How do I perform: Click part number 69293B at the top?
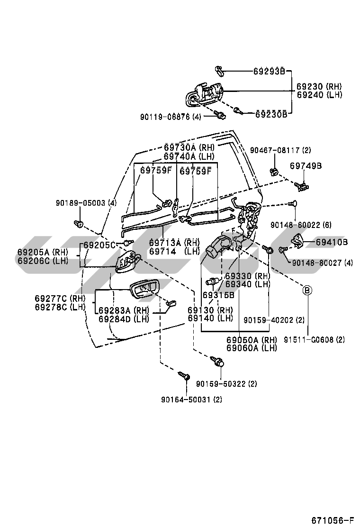[x=269, y=72]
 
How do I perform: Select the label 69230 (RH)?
[x=319, y=87]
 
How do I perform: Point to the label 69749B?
[x=306, y=166]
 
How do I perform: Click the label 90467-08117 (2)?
[x=280, y=150]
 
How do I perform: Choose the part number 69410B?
[x=332, y=242]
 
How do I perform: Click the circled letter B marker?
[x=307, y=290]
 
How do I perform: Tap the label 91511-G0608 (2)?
[x=314, y=339]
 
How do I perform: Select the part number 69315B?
[x=218, y=295]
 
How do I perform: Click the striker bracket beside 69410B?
[x=297, y=241]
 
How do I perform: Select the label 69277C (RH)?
[x=59, y=299]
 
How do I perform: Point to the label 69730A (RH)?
[x=189, y=147]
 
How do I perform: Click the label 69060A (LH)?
[x=251, y=348]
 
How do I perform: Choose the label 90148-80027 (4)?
[x=323, y=262]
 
